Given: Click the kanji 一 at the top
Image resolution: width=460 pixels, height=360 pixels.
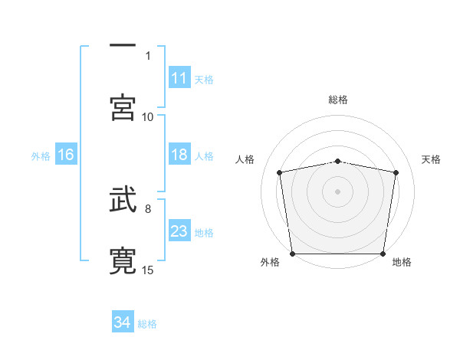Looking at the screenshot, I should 123,45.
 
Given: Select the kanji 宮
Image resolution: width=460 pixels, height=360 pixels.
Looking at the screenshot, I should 123,106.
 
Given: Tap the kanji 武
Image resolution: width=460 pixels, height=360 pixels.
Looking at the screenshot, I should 123,201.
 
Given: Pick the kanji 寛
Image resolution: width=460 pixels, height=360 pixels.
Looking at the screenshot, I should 123,261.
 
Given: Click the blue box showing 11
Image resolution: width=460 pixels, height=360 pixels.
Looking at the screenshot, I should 179,78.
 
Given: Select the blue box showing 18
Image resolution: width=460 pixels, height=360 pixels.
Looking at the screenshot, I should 179,155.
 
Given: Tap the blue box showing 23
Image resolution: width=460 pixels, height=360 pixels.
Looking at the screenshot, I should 179,231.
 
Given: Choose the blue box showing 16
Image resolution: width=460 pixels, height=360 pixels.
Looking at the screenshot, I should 66,155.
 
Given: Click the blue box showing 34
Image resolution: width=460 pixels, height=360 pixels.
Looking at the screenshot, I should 123,322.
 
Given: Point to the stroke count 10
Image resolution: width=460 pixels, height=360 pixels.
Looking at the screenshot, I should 148,116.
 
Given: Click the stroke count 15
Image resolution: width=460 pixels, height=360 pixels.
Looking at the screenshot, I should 148,270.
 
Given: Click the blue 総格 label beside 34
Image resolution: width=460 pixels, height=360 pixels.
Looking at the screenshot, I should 147,324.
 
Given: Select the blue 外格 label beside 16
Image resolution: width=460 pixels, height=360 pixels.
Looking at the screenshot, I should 41,156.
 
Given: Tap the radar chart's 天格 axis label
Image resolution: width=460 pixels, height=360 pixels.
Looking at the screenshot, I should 432,159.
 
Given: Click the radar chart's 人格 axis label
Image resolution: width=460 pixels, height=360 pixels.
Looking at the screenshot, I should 245,159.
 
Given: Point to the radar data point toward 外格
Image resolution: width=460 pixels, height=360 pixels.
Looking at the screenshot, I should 292,254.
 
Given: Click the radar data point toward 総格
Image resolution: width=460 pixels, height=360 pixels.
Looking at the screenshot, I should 337,161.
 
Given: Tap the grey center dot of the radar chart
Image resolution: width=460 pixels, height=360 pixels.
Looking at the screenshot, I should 337,191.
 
